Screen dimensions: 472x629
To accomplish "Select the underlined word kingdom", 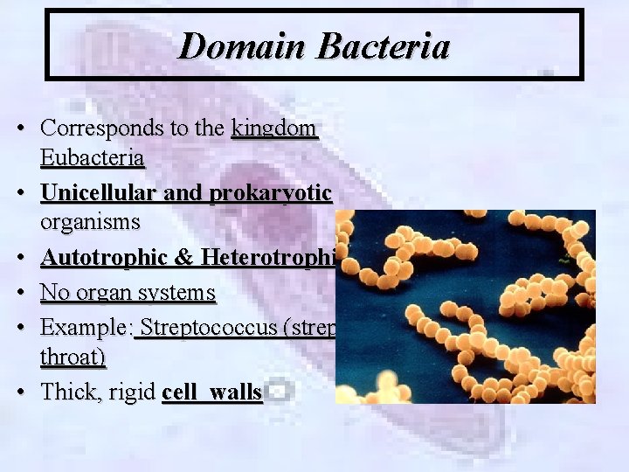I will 273,128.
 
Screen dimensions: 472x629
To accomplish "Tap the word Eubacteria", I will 93,158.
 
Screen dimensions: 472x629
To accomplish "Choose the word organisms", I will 90,221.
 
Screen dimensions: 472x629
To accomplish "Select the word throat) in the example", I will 73,357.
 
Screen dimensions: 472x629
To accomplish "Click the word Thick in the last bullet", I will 70,392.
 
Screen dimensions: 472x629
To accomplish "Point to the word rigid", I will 133,392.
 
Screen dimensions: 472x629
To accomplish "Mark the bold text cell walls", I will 212,392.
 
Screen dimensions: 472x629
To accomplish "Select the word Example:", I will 87,329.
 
